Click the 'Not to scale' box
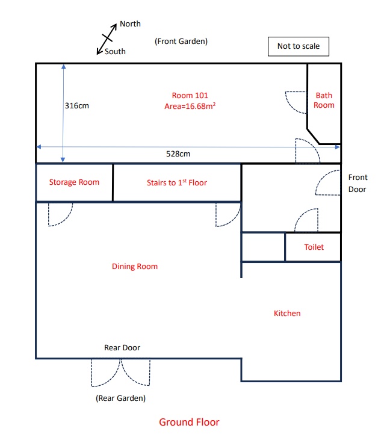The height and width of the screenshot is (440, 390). point(298,46)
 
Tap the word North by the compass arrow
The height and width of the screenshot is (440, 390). point(130,24)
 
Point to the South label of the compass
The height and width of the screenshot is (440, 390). point(115,52)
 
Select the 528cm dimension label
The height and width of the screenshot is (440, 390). point(178,153)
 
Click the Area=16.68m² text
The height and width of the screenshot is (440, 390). point(190,106)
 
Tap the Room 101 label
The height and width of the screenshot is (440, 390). point(190,95)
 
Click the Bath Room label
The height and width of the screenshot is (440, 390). point(324,100)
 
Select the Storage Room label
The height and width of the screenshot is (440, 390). point(74,182)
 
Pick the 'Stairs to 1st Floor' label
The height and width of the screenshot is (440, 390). point(177,182)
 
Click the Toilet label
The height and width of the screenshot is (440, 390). point(314,247)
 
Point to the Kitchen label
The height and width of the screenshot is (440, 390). point(287,313)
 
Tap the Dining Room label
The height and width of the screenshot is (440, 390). point(135,266)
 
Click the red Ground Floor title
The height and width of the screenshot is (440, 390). point(189,422)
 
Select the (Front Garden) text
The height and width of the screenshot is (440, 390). point(181,41)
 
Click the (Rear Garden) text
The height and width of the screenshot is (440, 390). point(120,398)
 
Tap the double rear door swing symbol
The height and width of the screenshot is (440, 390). point(121,372)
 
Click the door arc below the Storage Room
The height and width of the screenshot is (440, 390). point(60,214)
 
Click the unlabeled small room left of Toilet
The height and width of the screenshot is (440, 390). point(263,247)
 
